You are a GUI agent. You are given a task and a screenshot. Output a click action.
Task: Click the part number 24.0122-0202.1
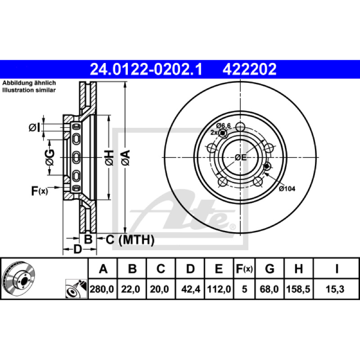point(146,69)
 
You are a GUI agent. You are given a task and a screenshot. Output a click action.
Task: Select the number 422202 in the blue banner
point(249,69)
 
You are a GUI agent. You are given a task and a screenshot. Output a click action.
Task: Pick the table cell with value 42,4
point(190,289)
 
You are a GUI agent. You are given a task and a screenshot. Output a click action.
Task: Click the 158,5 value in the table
point(298,289)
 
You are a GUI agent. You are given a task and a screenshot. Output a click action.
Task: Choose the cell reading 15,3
point(335,289)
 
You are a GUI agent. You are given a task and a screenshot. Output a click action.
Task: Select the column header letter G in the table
point(270,268)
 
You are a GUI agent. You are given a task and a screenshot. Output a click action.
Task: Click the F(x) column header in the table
point(244,269)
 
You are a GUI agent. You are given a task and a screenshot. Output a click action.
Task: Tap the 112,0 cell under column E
point(219,289)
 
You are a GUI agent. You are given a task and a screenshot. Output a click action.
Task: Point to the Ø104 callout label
point(287,189)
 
